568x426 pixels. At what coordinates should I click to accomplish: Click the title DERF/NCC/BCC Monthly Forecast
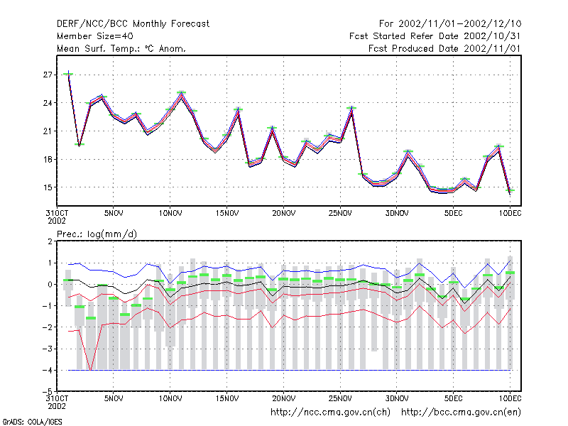133,24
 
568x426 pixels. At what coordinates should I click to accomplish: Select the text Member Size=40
95,36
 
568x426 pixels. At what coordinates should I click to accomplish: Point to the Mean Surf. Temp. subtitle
121,48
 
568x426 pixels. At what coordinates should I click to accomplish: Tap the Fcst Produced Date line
444,48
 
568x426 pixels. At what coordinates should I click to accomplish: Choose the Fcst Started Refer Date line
435,36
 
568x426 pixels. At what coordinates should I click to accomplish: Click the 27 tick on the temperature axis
48,75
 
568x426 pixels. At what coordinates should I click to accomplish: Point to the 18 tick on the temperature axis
48,159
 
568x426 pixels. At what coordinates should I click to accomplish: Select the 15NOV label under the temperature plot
227,214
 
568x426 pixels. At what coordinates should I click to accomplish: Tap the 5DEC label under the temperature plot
454,214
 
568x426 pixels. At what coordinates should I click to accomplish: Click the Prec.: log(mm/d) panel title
97,234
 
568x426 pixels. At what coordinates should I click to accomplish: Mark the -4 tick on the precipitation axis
47,370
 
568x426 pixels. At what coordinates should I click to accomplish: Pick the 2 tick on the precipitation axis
50,241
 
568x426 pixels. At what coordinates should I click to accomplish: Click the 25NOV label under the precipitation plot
340,398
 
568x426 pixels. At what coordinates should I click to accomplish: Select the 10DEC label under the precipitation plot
510,398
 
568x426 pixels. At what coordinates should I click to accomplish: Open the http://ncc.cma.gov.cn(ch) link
330,413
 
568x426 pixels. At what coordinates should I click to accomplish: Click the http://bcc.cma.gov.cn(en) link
461,413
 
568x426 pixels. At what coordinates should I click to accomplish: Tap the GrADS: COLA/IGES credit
32,422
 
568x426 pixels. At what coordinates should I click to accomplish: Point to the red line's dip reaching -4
91,369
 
